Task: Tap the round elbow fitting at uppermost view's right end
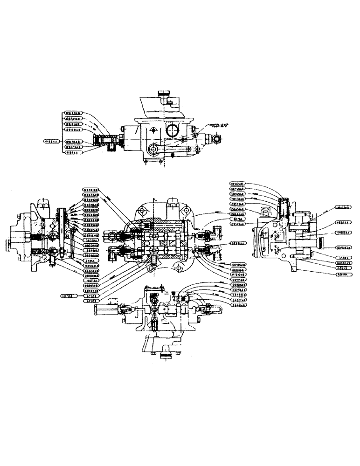pyautogui.click(x=218, y=138)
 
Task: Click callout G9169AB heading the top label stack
pyautogui.click(x=73, y=113)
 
